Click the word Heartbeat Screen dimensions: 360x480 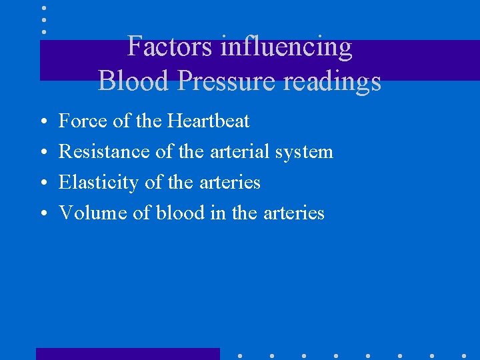[209, 121]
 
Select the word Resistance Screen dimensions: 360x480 [104, 152]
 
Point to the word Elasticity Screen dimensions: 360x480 [99, 183]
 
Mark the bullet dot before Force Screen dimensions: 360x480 [42, 122]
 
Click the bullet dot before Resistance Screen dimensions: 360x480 [42, 153]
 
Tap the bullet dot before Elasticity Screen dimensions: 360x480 [42, 183]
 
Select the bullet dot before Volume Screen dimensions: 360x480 [42, 214]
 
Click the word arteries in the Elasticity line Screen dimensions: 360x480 [230, 183]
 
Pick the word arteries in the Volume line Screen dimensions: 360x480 [294, 213]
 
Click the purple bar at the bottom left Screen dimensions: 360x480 [127, 354]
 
